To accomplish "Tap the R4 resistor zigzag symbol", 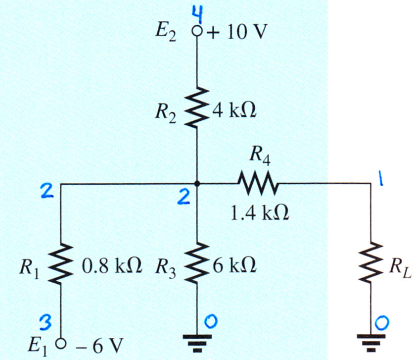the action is [x=258, y=183].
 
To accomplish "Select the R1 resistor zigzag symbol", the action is [x=61, y=263].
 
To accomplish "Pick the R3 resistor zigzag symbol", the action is [x=197, y=263].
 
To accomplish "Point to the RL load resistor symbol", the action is [x=370, y=262].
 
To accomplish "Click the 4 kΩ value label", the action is [x=234, y=110].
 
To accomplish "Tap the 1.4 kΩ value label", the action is [x=260, y=213].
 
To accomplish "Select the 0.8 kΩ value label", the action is [x=112, y=266].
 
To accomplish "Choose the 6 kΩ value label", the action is [x=234, y=266].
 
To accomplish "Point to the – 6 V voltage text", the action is [x=99, y=346].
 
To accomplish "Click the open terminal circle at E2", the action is [x=197, y=32].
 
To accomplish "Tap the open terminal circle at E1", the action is [x=61, y=344].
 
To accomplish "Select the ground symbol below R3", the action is [x=197, y=343].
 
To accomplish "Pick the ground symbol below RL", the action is [x=370, y=343].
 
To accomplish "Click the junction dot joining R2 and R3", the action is [x=197, y=183].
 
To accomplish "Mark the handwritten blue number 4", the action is [x=198, y=16].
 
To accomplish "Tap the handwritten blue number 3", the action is [x=45, y=324].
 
